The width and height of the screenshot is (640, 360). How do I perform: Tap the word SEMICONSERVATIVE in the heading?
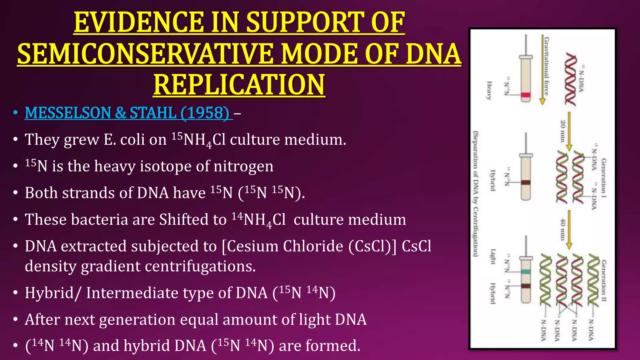(x=144, y=54)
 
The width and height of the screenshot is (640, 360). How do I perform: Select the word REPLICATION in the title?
(x=239, y=85)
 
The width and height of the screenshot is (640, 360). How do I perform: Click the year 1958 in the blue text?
(x=205, y=112)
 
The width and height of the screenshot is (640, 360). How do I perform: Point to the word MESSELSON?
(x=67, y=112)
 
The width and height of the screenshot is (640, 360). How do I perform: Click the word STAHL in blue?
(x=152, y=112)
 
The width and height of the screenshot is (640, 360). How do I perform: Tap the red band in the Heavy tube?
(x=526, y=95)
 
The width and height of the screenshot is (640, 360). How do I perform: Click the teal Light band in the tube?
(x=526, y=272)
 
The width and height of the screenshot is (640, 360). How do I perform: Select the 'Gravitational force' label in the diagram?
(x=546, y=66)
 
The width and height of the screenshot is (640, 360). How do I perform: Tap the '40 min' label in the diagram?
(x=562, y=229)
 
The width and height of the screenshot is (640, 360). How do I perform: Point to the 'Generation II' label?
(x=604, y=280)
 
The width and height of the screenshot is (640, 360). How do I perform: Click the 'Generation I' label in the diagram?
(x=604, y=178)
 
